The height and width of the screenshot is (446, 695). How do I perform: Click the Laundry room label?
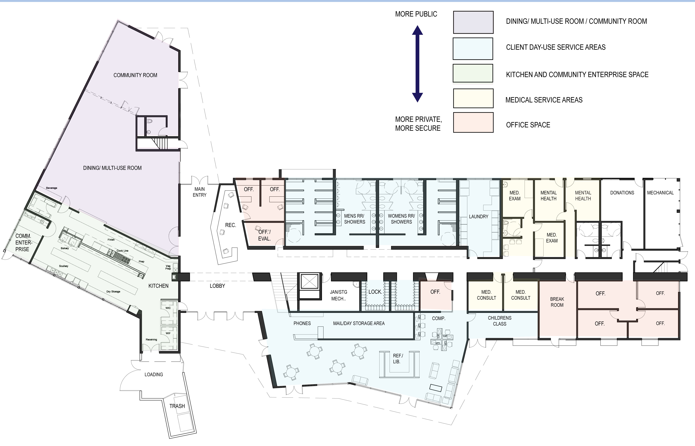(478, 217)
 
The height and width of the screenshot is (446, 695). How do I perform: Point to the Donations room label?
(622, 193)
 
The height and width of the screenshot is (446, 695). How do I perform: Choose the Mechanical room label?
(660, 193)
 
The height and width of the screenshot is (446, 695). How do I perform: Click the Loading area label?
(154, 374)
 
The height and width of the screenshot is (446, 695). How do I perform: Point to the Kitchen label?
(158, 286)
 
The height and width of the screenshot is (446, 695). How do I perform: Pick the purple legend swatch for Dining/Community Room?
(473, 22)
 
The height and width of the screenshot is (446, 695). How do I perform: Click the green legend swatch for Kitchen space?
(473, 73)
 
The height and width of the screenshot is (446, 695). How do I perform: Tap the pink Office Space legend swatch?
(473, 122)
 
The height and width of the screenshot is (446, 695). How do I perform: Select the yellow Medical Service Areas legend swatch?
(473, 98)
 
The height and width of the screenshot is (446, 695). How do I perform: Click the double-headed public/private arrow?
(417, 64)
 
